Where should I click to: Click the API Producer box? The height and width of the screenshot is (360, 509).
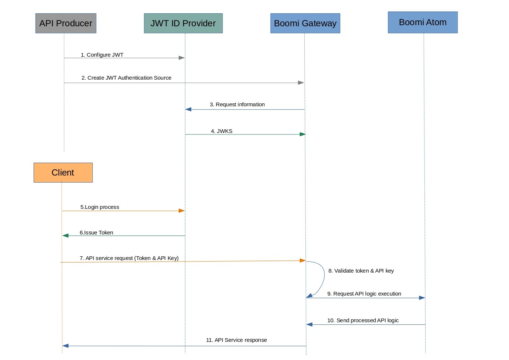click(66, 23)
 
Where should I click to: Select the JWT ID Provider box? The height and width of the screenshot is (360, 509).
click(183, 23)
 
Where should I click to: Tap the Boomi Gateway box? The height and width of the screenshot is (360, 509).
click(305, 23)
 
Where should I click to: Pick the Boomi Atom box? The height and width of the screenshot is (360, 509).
click(423, 22)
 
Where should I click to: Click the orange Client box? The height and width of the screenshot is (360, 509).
click(63, 173)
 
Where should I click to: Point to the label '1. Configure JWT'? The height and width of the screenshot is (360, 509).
click(102, 55)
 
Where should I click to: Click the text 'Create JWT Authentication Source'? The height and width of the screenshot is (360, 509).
click(129, 78)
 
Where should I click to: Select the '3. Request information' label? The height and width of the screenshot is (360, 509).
click(237, 104)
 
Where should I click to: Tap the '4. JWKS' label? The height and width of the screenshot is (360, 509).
click(222, 131)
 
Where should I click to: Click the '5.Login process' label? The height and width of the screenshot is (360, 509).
click(100, 207)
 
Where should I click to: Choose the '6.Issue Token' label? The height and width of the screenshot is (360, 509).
click(96, 233)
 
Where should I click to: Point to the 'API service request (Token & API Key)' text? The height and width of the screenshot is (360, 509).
click(132, 258)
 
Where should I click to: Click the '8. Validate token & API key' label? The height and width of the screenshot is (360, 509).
click(361, 271)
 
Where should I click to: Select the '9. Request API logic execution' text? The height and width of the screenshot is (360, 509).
click(364, 294)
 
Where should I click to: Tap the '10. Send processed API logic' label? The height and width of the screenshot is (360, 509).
click(363, 320)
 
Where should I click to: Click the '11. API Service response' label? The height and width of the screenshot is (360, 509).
click(237, 340)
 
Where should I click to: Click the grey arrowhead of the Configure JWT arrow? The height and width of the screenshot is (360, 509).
click(182, 58)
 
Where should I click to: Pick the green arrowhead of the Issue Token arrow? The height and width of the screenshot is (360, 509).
click(66, 236)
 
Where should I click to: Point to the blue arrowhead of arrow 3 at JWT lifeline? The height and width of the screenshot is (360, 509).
click(188, 109)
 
